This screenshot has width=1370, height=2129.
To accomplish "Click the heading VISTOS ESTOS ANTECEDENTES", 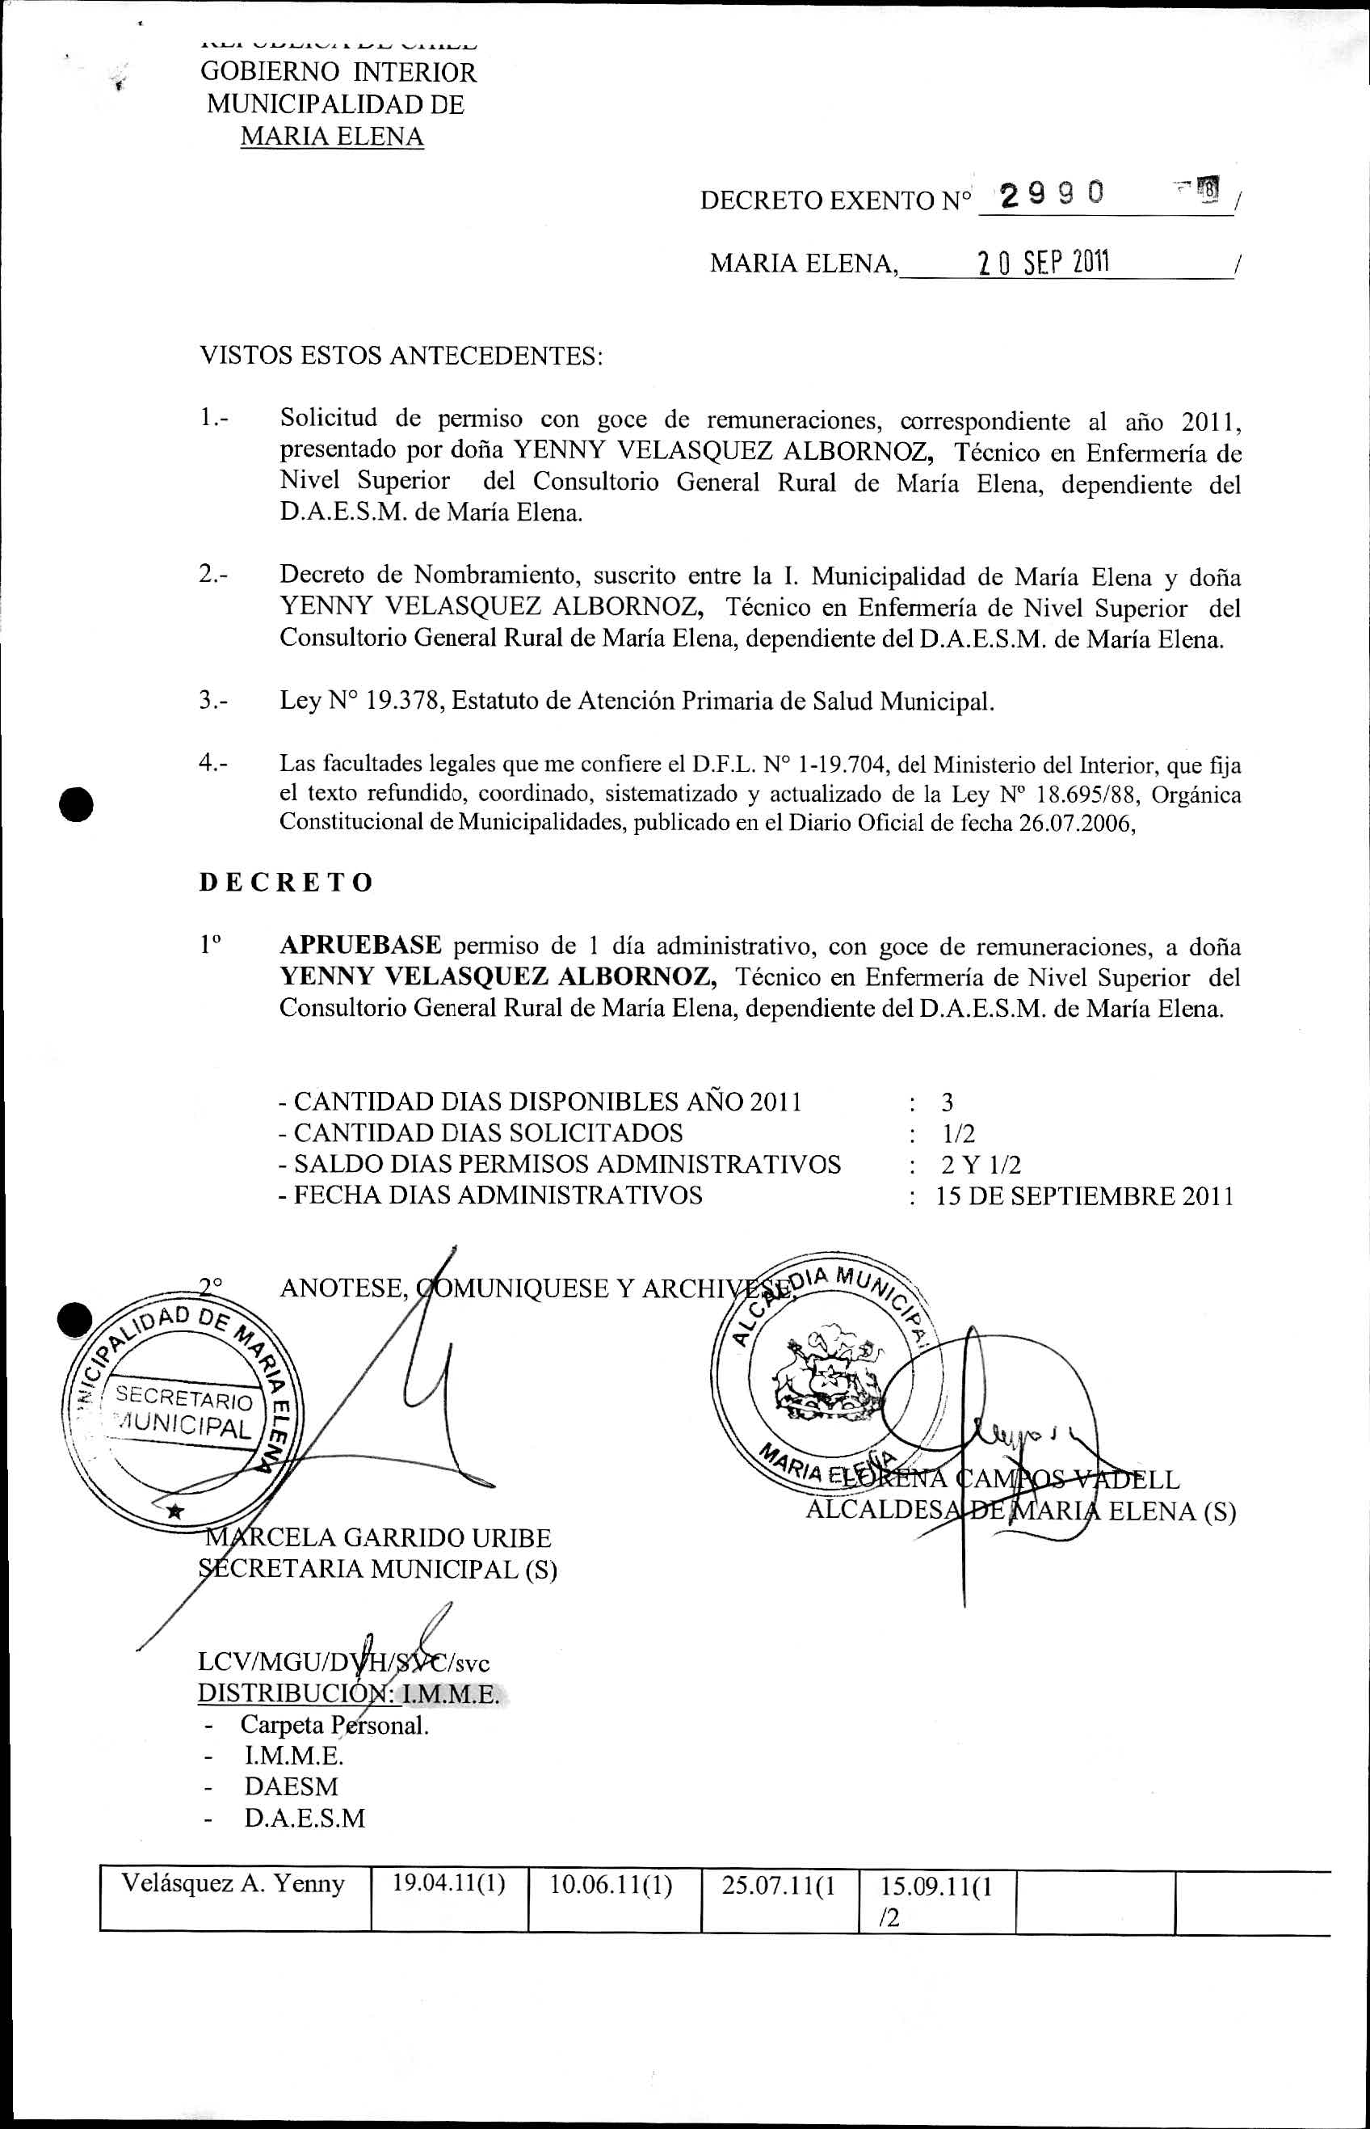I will (x=401, y=356).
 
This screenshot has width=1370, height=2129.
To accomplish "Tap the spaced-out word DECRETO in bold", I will (x=286, y=882).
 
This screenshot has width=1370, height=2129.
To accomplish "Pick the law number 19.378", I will (x=404, y=701).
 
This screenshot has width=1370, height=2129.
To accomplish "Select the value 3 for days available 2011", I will (x=947, y=1102).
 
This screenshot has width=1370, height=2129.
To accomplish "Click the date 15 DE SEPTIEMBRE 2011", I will (x=1084, y=1195).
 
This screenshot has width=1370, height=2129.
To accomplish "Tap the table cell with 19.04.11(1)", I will (x=448, y=1884).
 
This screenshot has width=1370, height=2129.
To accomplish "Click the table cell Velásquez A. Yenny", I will (x=233, y=1884).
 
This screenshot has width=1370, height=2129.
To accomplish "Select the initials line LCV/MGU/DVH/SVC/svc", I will (x=343, y=1663).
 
